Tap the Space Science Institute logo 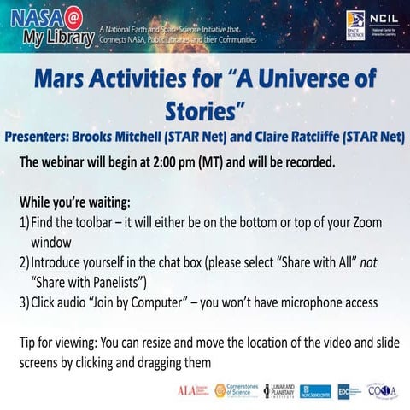pyautogui.click(x=355, y=25)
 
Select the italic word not pyautogui.click(x=368, y=261)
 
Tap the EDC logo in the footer pyautogui.click(x=343, y=390)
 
